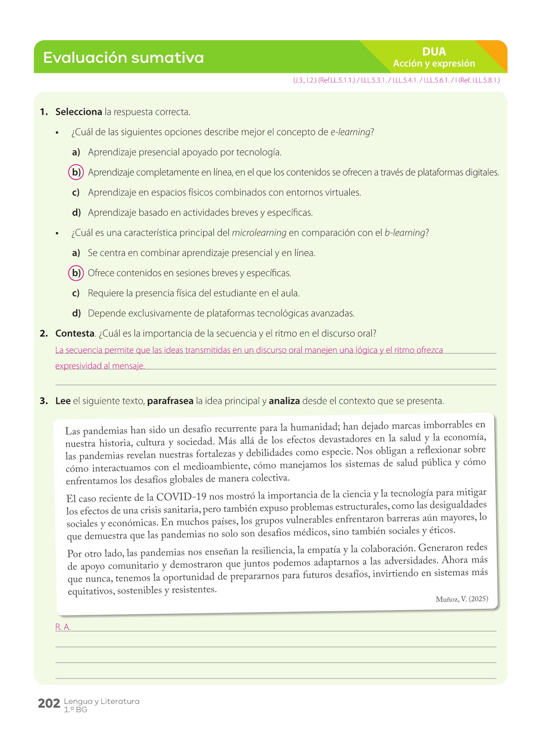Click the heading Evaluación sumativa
point(123,58)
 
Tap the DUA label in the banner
point(434,52)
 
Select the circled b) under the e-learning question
point(76,172)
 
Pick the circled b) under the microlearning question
point(76,273)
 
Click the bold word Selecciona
point(78,112)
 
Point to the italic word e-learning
point(350,132)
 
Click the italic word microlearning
point(259,233)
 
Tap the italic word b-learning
point(404,233)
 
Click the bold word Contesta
point(75,334)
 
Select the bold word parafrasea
point(170,401)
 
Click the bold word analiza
point(284,401)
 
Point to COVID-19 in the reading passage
point(181,497)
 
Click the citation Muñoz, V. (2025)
point(462,599)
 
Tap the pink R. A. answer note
point(63,627)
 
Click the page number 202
point(49,704)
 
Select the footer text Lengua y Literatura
point(101,702)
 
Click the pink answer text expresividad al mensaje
point(100,366)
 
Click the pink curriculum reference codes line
point(396,80)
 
